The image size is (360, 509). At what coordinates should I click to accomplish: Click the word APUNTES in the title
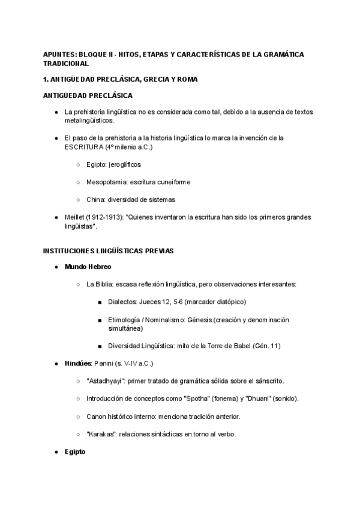click(59, 55)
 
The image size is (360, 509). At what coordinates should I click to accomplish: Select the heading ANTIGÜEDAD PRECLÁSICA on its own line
click(88, 95)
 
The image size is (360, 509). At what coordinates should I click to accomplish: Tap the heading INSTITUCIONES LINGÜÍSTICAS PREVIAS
click(108, 250)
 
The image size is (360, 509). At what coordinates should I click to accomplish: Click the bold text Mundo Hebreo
click(88, 266)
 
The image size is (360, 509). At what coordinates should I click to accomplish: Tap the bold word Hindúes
click(78, 364)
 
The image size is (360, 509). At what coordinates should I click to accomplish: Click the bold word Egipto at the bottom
click(75, 451)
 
